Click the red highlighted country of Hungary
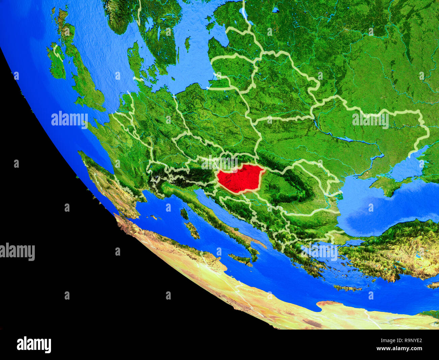coord(238,178)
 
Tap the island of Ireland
coord(56,63)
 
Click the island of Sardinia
coord(192,230)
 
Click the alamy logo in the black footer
coord(34,344)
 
